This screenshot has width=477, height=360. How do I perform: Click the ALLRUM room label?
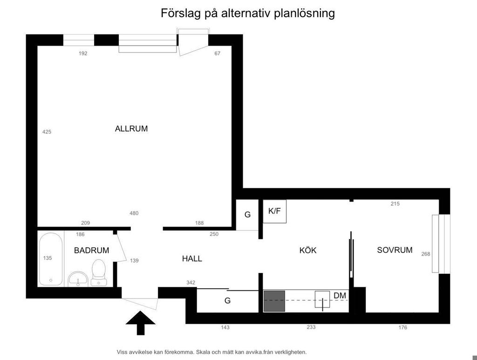point(131,129)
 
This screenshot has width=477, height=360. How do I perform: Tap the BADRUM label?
point(92,250)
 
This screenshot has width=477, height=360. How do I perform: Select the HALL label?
point(192,258)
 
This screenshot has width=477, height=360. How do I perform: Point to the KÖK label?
point(308,250)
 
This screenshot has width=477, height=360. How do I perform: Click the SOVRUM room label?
point(395,250)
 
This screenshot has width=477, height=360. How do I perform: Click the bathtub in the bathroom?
point(51,259)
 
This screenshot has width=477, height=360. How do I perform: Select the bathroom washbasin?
point(78,279)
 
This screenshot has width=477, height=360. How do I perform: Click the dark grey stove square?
point(274,301)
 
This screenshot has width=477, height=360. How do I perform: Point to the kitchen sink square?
point(322,300)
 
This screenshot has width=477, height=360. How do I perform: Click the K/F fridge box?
point(274,211)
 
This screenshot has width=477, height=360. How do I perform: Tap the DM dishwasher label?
point(340,296)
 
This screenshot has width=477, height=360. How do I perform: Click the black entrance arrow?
point(141,323)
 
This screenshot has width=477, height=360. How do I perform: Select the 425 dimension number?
point(47,132)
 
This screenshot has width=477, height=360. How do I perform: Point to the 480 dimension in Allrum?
point(134,213)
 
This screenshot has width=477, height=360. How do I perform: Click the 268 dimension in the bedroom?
point(426,254)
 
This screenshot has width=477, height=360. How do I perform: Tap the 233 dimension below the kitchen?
point(311,327)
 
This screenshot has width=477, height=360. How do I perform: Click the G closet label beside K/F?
point(248,215)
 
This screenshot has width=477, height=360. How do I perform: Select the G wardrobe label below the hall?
point(227,301)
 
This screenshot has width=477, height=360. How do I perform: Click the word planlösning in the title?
point(304,14)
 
